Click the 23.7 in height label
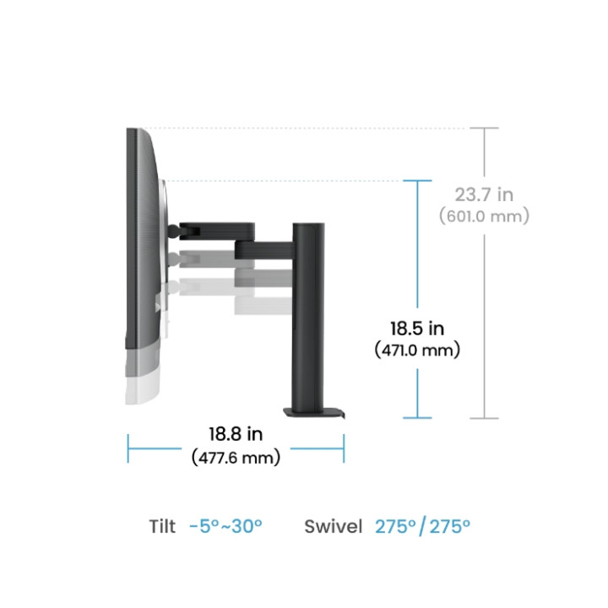[484, 195]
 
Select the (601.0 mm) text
[484, 216]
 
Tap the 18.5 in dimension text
[417, 328]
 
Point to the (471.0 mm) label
[417, 350]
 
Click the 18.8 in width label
[236, 434]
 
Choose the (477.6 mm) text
[236, 458]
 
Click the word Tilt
[162, 526]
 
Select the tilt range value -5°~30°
[225, 526]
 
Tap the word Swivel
[333, 526]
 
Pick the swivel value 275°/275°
[423, 526]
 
